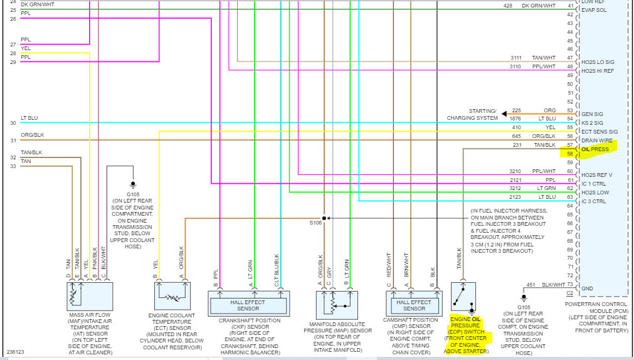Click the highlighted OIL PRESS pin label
pos(595,149)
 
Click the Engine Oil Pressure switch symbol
pos(463,297)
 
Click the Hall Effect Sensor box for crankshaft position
pos(249,304)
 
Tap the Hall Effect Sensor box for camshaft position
pos(414,304)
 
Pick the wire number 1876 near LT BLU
pos(515,119)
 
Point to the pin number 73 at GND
pos(570,285)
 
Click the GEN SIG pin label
pos(592,114)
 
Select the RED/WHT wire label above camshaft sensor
pos(389,265)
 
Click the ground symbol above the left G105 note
pos(132,185)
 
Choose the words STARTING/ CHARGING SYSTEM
pos(472,114)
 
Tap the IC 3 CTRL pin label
pos(594,201)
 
